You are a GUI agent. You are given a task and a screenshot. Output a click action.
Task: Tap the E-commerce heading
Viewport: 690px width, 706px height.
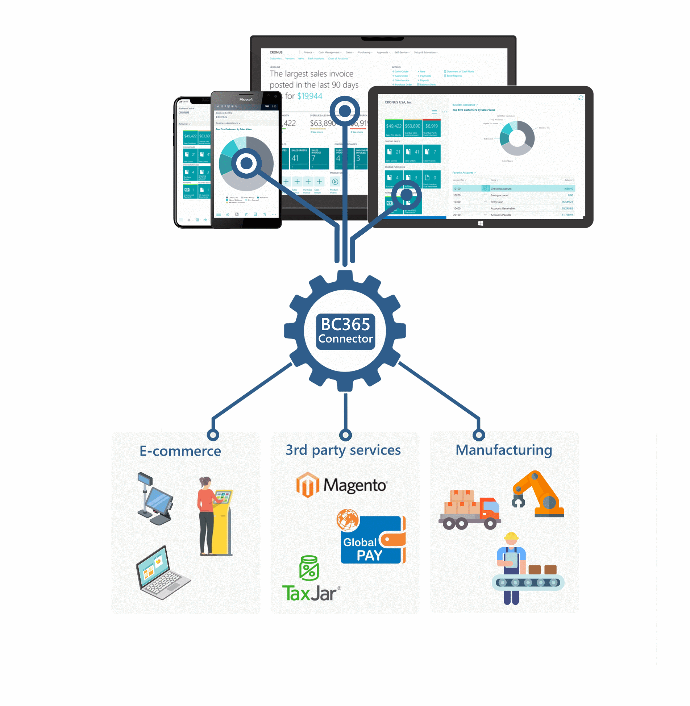[x=180, y=451]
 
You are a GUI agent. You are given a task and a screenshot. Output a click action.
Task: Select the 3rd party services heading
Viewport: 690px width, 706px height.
[x=343, y=450]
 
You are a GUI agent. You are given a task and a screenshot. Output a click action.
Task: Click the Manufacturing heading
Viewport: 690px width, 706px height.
[x=504, y=450]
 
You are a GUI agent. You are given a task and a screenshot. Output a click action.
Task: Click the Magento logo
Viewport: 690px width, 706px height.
[x=342, y=485]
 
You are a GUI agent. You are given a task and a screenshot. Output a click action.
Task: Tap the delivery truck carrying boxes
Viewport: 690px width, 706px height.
[x=470, y=510]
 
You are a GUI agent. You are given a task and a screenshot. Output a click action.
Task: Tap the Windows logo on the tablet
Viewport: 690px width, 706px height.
[x=481, y=223]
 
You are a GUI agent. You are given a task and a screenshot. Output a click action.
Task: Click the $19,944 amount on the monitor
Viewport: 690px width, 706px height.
[x=309, y=96]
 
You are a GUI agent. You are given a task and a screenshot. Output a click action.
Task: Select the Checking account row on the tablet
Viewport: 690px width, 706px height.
[x=513, y=188]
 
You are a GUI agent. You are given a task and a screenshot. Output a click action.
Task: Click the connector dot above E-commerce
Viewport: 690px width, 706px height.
[x=213, y=435]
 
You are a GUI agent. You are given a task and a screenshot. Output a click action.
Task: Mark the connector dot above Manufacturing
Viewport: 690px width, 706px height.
[x=479, y=435]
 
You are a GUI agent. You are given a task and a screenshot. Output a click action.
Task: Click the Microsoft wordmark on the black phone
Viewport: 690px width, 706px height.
[x=246, y=99]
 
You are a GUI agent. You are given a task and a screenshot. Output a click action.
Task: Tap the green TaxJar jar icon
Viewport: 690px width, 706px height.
[x=309, y=568]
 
